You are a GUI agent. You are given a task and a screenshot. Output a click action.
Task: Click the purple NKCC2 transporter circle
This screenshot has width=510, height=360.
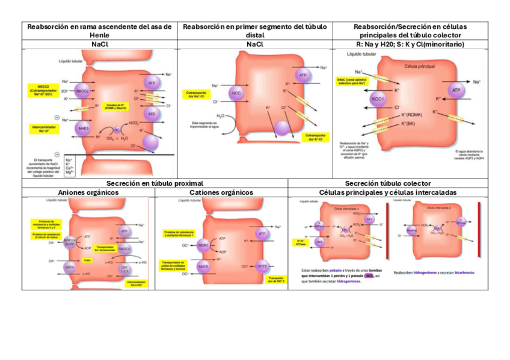coord(82,91)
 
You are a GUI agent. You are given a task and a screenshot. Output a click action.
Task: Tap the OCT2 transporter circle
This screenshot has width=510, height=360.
coord(262,266)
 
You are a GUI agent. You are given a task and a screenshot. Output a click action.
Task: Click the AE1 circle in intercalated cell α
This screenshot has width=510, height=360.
coord(369,219)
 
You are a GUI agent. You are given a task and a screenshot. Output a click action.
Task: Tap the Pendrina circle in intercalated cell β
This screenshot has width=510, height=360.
coord(413,230)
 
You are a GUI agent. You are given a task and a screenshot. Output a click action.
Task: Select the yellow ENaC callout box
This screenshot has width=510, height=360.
coord(351,81)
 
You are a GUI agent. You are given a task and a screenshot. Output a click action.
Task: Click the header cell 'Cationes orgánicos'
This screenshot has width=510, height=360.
coord(221,192)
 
